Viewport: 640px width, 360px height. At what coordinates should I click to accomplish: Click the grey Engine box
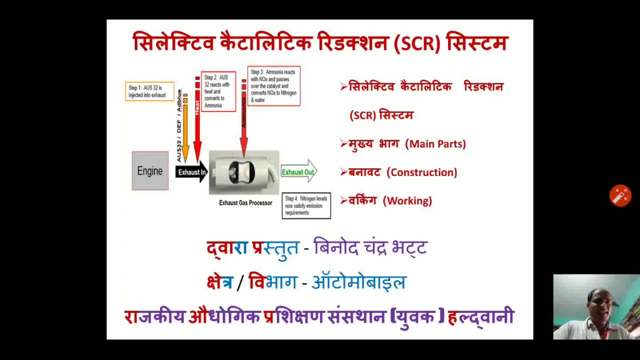pyautogui.click(x=150, y=171)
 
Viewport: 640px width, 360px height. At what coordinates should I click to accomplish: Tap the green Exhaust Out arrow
pyautogui.click(x=298, y=172)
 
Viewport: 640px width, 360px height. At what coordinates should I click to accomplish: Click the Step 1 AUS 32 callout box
pyautogui.click(x=149, y=91)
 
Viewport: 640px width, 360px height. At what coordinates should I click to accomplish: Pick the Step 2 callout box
pyautogui.click(x=218, y=91)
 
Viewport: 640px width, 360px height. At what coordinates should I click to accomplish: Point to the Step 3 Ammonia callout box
pyautogui.click(x=273, y=86)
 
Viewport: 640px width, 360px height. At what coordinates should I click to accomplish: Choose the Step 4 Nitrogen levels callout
pyautogui.click(x=306, y=205)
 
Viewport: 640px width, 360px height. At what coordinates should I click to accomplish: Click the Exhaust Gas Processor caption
pyautogui.click(x=245, y=203)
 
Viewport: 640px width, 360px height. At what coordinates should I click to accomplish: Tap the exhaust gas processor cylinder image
pyautogui.click(x=243, y=172)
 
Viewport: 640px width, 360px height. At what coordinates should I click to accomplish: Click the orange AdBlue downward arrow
pyautogui.click(x=185, y=130)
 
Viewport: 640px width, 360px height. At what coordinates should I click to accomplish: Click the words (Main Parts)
pyautogui.click(x=435, y=144)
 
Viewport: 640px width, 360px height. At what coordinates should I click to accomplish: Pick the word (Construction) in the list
pyautogui.click(x=422, y=172)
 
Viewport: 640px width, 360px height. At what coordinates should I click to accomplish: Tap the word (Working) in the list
pyautogui.click(x=407, y=201)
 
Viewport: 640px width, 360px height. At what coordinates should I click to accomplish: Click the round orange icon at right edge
pyautogui.click(x=620, y=195)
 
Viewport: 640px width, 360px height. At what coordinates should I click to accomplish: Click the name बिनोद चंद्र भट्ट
pyautogui.click(x=370, y=247)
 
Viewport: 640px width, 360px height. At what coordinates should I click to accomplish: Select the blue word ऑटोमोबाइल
pyautogui.click(x=358, y=282)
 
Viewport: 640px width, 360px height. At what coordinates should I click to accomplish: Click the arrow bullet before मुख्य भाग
pyautogui.click(x=343, y=144)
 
